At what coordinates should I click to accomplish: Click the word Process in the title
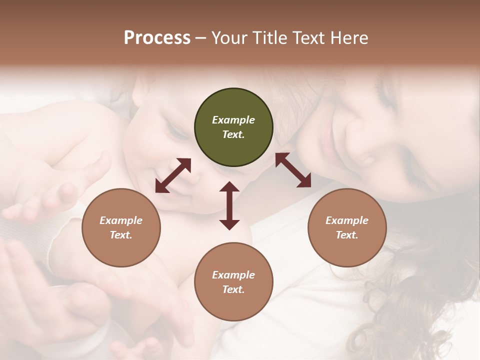click(x=157, y=38)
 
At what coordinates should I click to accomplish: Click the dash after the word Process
click(x=201, y=39)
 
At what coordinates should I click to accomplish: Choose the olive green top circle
click(x=233, y=127)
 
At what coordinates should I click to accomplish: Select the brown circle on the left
click(x=121, y=228)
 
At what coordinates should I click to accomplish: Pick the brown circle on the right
click(x=347, y=228)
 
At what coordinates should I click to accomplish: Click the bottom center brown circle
click(x=233, y=282)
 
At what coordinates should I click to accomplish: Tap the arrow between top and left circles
click(x=173, y=175)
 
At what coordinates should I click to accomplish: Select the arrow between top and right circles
click(x=293, y=170)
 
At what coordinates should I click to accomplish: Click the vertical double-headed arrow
click(x=229, y=205)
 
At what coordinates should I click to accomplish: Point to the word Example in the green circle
click(x=233, y=120)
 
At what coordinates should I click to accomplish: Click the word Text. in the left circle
click(x=121, y=235)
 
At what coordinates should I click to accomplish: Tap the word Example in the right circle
click(x=347, y=220)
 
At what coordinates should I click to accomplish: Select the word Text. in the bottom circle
click(x=233, y=289)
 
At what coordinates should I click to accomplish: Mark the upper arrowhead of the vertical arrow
click(x=229, y=188)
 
